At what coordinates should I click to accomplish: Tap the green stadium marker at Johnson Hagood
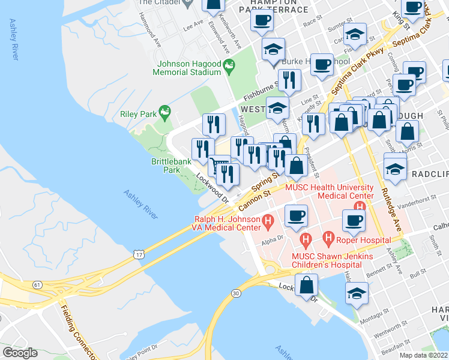tap(228, 65)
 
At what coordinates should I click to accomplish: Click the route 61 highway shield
tap(40, 286)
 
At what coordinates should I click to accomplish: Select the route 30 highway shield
tap(235, 293)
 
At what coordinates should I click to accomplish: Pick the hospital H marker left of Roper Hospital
tap(328, 238)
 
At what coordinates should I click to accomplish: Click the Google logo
tap(19, 353)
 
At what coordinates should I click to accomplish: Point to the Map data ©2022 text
tap(423, 355)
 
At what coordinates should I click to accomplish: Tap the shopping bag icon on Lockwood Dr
tap(307, 285)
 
